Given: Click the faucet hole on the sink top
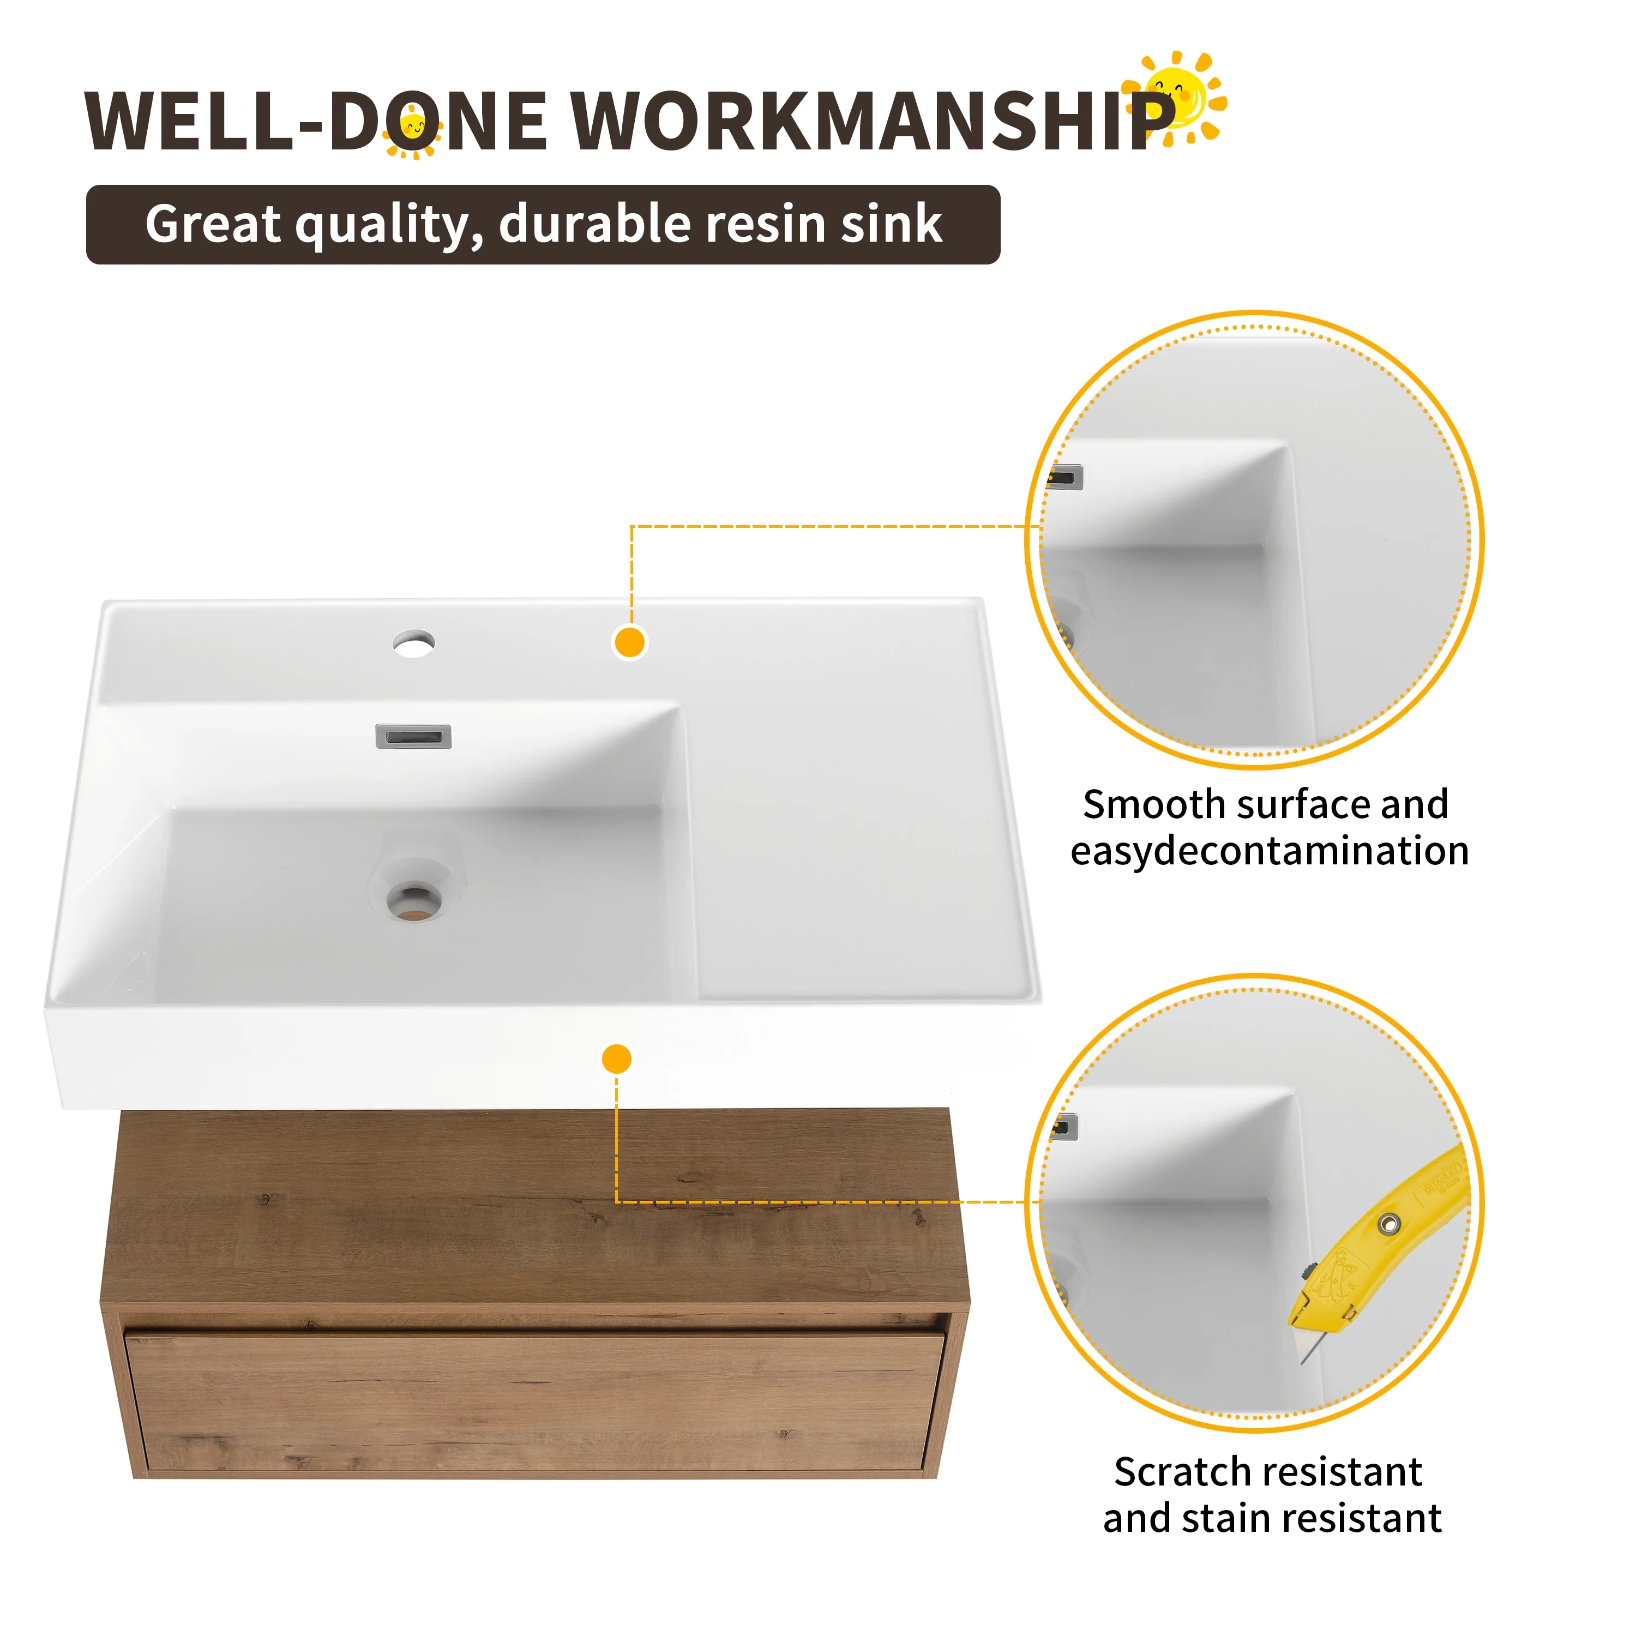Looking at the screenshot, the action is (414, 643).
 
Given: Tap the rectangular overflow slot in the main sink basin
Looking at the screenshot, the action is (413, 737).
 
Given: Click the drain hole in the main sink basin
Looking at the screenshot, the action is (414, 901).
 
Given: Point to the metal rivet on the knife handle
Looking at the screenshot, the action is (1389, 1224).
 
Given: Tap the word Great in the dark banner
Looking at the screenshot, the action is (213, 224).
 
